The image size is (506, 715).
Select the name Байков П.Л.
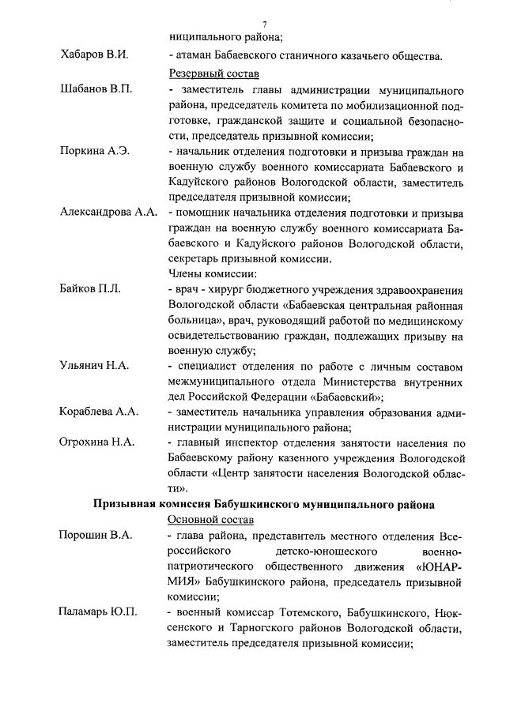click(90, 290)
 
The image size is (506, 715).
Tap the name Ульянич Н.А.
click(94, 367)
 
